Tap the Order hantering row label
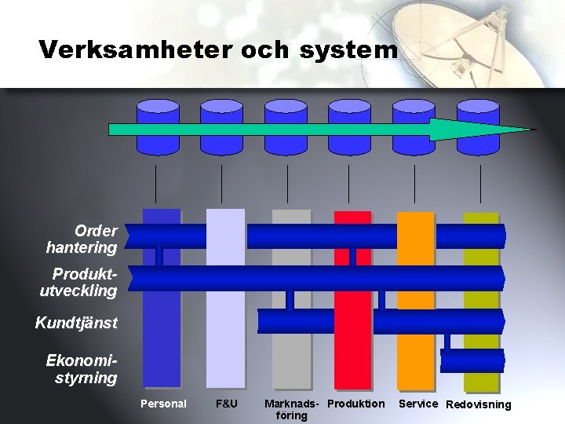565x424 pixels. point(83,239)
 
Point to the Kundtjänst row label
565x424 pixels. point(76,323)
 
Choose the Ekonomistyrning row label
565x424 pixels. point(82,369)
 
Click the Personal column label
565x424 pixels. point(163,404)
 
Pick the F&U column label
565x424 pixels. point(226,404)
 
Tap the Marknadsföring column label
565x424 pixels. point(292,409)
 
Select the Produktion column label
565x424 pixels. point(356,404)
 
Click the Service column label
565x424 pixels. point(417,404)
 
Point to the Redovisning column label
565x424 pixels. point(478,405)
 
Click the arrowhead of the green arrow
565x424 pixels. point(479,129)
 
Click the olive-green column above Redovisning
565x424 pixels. point(481,381)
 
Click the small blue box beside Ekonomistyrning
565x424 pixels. point(472,360)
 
